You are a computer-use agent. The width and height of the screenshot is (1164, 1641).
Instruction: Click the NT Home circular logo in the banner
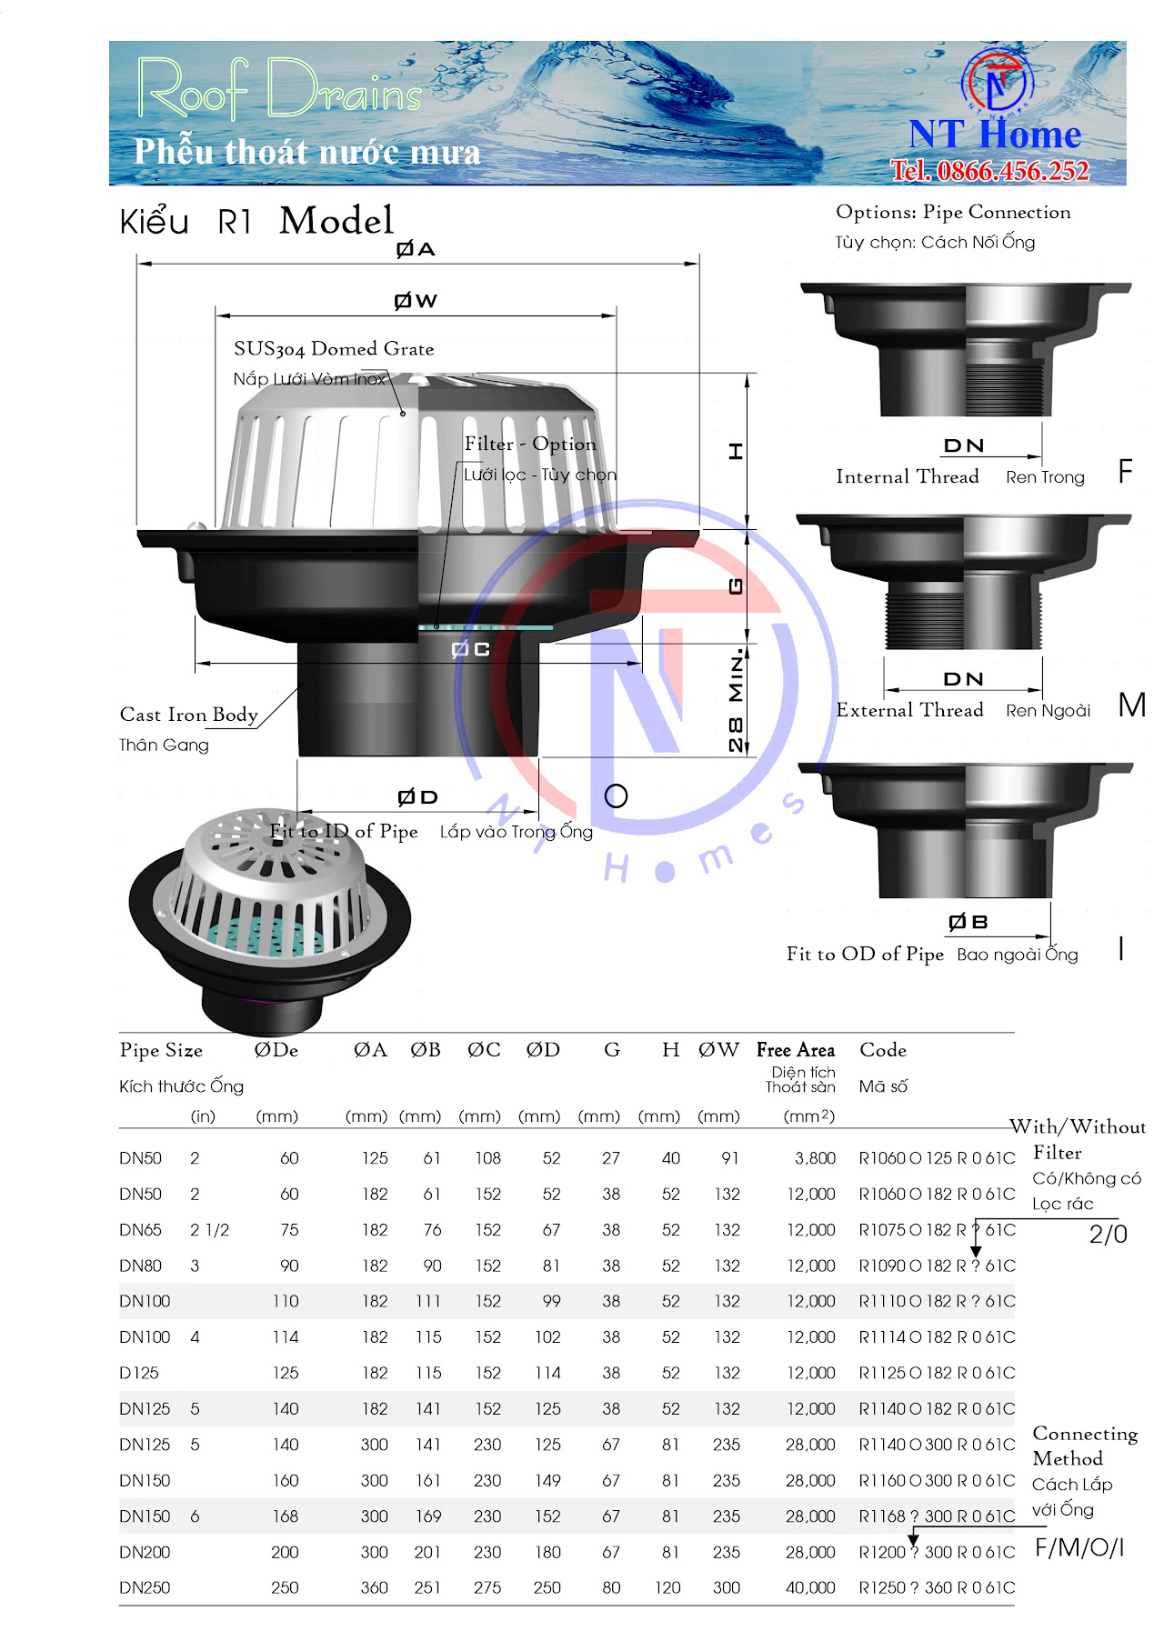pyautogui.click(x=997, y=82)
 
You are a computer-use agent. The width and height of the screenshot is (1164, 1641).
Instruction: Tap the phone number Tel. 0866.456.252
pyautogui.click(x=989, y=170)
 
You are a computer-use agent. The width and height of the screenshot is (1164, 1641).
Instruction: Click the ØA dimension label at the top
pyautogui.click(x=416, y=249)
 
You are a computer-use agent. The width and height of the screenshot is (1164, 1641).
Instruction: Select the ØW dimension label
pyautogui.click(x=416, y=301)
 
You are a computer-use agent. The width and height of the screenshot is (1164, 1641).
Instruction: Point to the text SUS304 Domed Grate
pyautogui.click(x=334, y=349)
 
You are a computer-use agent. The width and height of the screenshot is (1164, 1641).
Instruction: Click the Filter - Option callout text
pyautogui.click(x=530, y=444)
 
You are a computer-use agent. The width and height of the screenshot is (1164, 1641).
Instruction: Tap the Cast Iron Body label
pyautogui.click(x=188, y=715)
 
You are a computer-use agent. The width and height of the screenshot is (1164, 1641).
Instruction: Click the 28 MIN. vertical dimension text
pyautogui.click(x=736, y=700)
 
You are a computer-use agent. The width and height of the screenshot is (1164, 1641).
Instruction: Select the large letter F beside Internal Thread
pyautogui.click(x=1125, y=471)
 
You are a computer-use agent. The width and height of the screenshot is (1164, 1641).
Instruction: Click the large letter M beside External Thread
pyautogui.click(x=1131, y=705)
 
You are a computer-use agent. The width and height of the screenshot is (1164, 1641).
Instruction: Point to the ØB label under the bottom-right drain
pyautogui.click(x=968, y=922)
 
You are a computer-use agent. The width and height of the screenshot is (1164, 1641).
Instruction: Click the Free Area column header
pyautogui.click(x=796, y=1050)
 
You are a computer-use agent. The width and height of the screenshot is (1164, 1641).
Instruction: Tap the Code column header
pyautogui.click(x=883, y=1050)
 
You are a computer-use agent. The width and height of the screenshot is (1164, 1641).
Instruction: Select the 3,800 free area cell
pyautogui.click(x=815, y=1158)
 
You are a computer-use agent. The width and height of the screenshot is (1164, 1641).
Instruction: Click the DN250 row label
pyautogui.click(x=145, y=1588)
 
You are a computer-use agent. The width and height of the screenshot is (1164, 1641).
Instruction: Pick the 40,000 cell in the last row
pyautogui.click(x=810, y=1588)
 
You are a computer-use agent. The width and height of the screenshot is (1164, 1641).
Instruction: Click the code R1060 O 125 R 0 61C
pyautogui.click(x=937, y=1158)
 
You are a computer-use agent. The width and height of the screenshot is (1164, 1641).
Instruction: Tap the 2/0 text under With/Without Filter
pyautogui.click(x=1108, y=1235)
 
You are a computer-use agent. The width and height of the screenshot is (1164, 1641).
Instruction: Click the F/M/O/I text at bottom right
pyautogui.click(x=1079, y=1548)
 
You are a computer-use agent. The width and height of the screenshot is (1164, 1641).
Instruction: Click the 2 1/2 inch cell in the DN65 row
pyautogui.click(x=209, y=1230)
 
